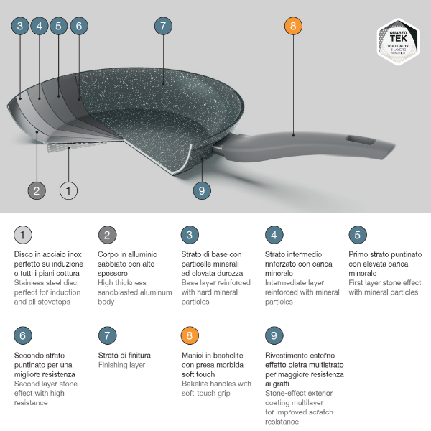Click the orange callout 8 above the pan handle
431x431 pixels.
(293, 26)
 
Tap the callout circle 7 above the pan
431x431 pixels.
(163, 26)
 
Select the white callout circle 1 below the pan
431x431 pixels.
(68, 190)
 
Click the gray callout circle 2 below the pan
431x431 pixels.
(37, 190)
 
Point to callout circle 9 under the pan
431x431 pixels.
(202, 190)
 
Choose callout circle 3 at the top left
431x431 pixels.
(20, 26)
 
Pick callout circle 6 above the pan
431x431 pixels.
(79, 26)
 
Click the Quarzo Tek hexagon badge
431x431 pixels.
(398, 42)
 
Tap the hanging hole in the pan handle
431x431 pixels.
(361, 140)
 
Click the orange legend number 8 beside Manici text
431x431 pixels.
(190, 335)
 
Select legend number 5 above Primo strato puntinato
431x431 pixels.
(358, 235)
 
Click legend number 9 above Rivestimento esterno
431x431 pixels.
(274, 335)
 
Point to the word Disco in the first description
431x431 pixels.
(24, 254)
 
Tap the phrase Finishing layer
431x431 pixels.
(122, 365)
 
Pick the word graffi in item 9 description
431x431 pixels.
(280, 384)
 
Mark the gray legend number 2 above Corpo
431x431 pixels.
(107, 235)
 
